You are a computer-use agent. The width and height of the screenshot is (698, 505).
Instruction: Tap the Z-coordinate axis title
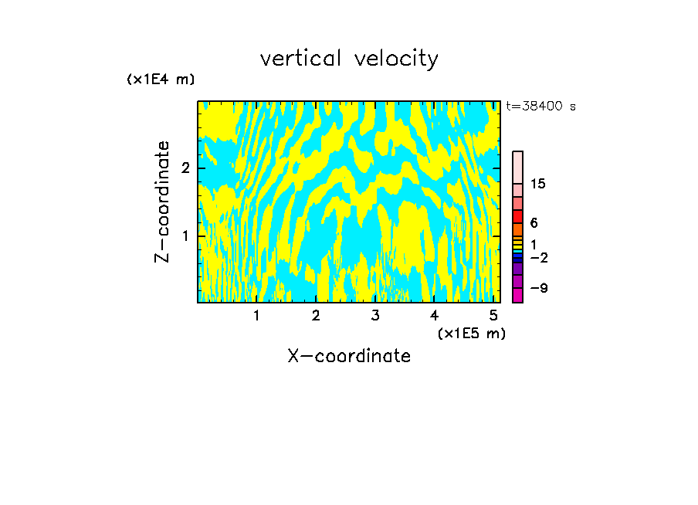(162, 202)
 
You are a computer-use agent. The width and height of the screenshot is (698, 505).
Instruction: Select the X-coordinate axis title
(349, 356)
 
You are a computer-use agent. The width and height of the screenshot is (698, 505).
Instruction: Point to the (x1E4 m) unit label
(161, 80)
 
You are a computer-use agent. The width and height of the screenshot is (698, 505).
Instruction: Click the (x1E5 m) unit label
(471, 333)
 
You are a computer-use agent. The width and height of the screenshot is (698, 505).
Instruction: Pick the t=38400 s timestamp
(540, 107)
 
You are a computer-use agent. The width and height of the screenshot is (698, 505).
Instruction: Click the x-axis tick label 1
(256, 316)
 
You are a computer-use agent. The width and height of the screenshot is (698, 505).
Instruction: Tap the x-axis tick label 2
(316, 316)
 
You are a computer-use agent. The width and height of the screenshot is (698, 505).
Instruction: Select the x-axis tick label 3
(374, 316)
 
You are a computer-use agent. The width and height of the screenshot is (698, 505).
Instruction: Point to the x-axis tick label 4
(434, 316)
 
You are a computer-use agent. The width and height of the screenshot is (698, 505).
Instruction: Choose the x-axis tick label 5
(493, 316)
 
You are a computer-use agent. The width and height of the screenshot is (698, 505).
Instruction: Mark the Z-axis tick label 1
(185, 236)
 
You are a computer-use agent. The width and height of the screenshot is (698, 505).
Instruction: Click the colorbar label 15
(538, 185)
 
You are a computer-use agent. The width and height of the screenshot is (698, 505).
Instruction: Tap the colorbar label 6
(534, 223)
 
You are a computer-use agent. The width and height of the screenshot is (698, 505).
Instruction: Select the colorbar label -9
(538, 289)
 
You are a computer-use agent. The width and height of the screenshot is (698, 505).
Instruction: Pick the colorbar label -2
(538, 258)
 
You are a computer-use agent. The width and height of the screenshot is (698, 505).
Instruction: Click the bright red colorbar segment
(517, 216)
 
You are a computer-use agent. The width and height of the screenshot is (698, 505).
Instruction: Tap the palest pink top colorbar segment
(517, 167)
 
